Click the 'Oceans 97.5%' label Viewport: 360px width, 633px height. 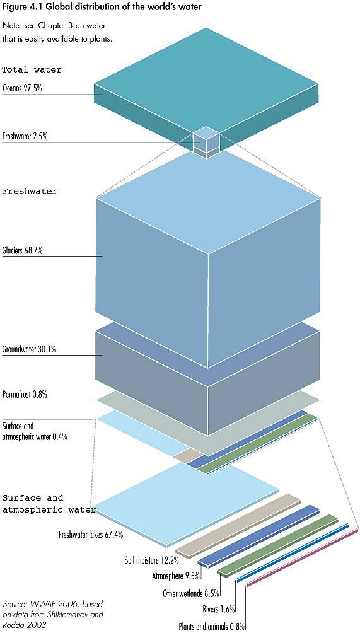[x=22, y=88]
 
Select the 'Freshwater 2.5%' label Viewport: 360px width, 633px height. [x=25, y=136]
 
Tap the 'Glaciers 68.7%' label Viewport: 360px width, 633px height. [x=23, y=251]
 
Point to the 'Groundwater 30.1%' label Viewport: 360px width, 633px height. [x=29, y=350]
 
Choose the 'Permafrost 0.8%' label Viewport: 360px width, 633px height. [x=25, y=395]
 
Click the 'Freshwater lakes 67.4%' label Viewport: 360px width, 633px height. [x=91, y=535]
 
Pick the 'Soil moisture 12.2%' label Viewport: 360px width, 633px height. [x=152, y=560]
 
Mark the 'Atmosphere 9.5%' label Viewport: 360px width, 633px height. [x=176, y=576]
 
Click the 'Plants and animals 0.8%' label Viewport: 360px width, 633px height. [x=212, y=627]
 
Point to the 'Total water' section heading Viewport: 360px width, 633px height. [x=32, y=70]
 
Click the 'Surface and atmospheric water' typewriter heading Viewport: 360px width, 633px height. [x=49, y=504]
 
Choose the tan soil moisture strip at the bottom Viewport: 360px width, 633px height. [x=238, y=525]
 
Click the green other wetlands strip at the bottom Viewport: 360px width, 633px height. [x=277, y=545]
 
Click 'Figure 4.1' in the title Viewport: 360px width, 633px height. [x=18, y=8]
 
